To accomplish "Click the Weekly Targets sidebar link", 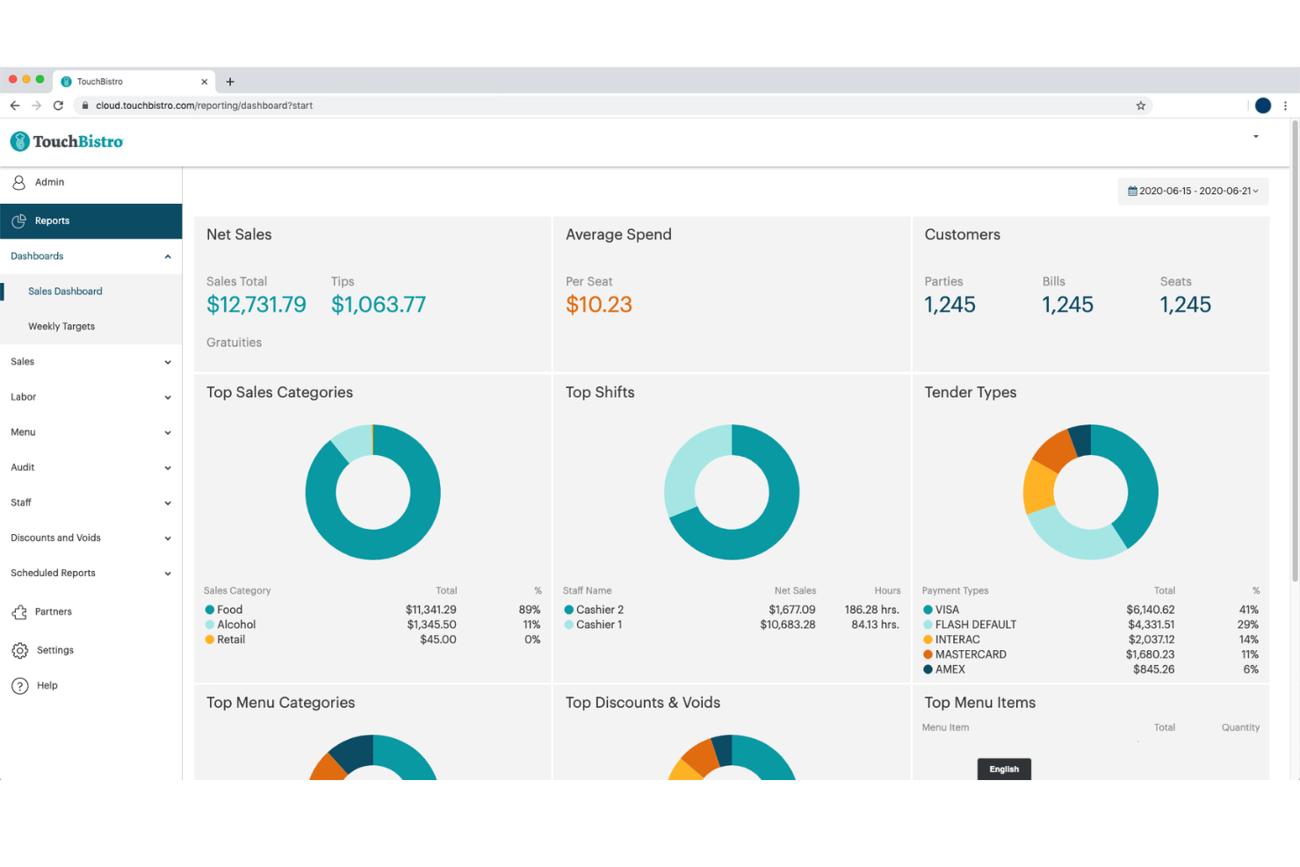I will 61,326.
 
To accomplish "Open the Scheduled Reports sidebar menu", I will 54,573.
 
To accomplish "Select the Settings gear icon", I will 20,650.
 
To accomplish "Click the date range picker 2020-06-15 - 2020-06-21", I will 1193,191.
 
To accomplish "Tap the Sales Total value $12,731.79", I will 256,305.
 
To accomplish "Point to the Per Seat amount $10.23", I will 598,305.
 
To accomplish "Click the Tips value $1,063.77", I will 378,305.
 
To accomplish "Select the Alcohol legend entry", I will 235,625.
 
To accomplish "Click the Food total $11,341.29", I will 430,610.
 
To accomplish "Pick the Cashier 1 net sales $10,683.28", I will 787,625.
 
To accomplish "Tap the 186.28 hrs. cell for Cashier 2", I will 871,610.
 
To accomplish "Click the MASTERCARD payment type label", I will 970,654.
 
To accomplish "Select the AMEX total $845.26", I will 1152,669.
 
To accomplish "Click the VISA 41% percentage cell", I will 1248,610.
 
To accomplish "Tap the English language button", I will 1004,769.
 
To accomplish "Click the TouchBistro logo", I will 67,141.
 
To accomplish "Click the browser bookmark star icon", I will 1140,105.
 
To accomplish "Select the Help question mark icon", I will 20,685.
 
